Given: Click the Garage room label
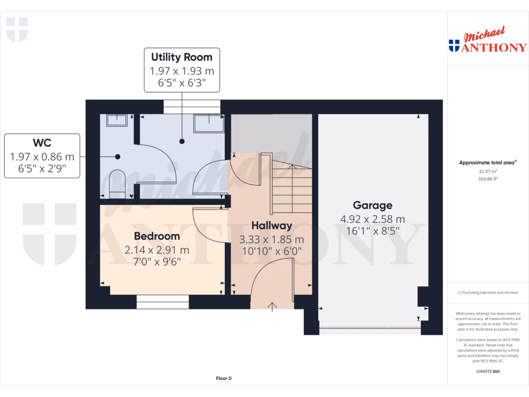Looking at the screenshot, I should click(x=372, y=205).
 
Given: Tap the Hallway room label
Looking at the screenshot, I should click(x=272, y=225).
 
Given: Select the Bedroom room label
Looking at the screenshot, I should click(x=157, y=236).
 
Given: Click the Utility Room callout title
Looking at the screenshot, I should click(x=181, y=57).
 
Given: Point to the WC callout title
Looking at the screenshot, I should click(x=42, y=142).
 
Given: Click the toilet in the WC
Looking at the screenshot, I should click(x=117, y=184).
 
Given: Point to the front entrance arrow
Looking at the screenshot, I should click(x=272, y=307).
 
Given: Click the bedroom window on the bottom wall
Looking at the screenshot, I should click(x=162, y=302).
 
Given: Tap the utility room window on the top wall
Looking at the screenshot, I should click(x=192, y=106).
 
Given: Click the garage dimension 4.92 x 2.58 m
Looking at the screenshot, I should click(x=372, y=219).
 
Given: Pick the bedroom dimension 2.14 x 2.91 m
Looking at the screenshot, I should click(x=157, y=250).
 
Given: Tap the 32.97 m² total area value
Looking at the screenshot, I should click(x=488, y=171).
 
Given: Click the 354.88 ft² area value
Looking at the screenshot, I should click(x=488, y=179).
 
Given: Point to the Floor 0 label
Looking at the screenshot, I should click(x=223, y=378).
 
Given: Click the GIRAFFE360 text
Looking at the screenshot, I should click(x=488, y=371).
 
